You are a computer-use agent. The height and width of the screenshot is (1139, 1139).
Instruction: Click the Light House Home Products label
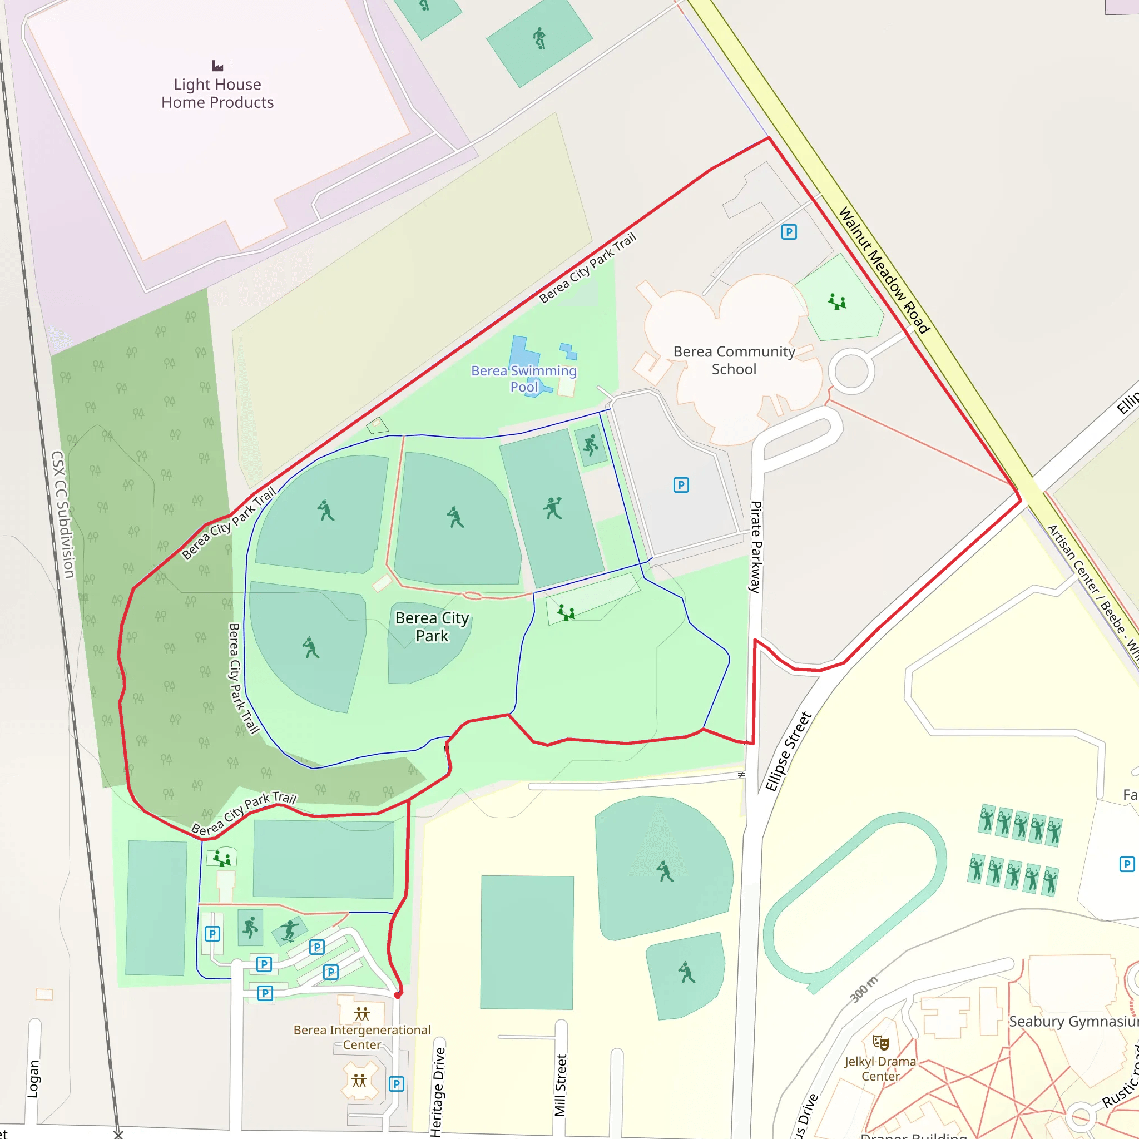coord(217,93)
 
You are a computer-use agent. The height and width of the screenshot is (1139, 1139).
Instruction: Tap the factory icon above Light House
coord(217,66)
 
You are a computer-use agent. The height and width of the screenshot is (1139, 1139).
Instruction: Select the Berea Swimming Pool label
coord(523,379)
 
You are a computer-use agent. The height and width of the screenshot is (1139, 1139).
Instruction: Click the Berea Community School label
coord(734,360)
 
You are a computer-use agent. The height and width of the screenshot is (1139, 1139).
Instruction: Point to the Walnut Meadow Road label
coord(884,270)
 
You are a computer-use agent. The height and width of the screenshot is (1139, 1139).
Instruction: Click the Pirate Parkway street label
coord(755,547)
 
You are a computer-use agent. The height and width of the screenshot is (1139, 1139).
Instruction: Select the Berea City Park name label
coord(432,627)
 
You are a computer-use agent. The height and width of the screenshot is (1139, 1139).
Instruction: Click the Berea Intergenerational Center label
coord(362,1037)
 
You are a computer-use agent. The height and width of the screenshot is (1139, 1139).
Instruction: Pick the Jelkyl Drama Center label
coord(880,1068)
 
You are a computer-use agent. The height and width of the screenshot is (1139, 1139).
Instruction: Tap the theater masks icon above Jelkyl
coord(881,1042)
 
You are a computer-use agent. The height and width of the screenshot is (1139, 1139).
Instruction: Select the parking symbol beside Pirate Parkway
coord(681,485)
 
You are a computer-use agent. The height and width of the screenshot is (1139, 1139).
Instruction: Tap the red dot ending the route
coord(398,995)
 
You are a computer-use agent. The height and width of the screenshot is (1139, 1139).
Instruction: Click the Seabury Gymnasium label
coord(1073,1022)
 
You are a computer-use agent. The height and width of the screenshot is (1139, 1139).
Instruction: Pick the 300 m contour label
coord(864,989)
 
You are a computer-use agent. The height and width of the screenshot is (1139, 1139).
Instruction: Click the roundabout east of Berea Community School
coord(851,371)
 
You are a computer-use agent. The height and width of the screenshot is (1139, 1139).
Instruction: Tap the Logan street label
coord(33,1079)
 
